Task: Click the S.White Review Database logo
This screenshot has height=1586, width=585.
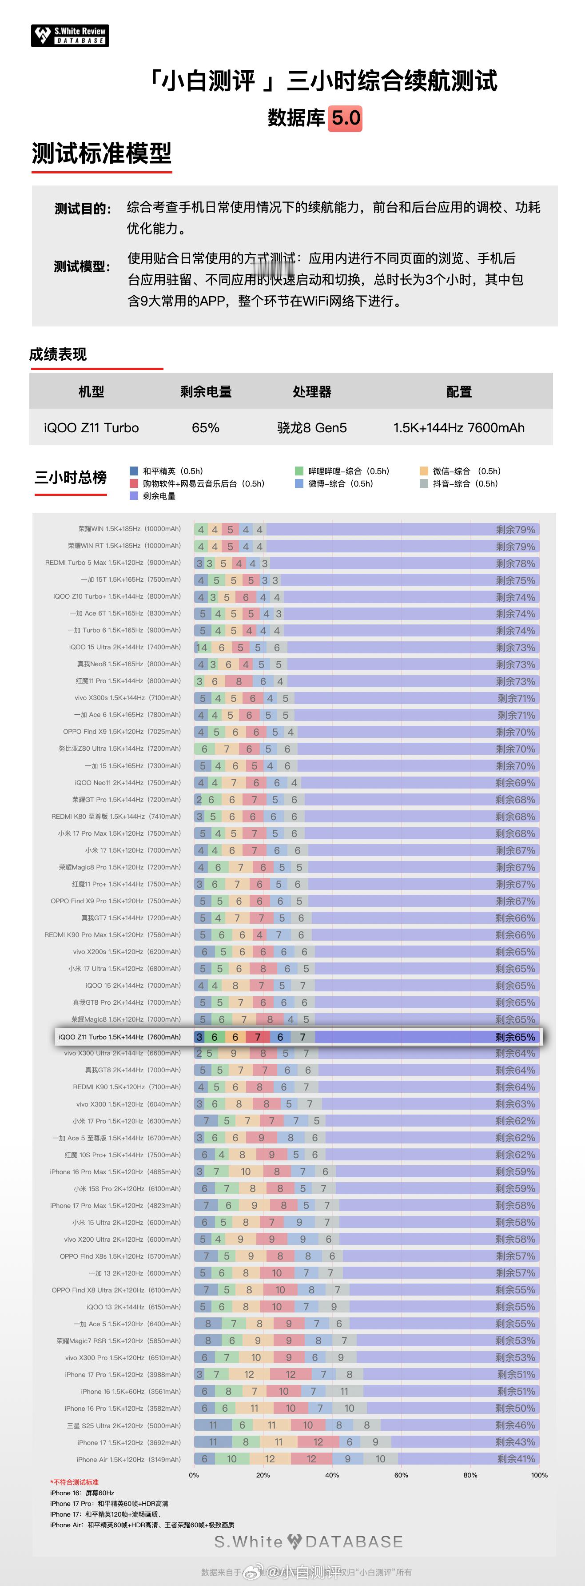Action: tap(70, 36)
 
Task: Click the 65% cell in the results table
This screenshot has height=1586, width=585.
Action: tap(206, 427)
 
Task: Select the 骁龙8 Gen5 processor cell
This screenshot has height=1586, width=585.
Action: tap(312, 427)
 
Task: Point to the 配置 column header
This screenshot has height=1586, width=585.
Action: tap(459, 391)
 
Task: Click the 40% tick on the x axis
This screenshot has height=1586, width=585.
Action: tap(332, 1474)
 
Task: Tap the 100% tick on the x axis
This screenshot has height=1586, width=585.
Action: tap(539, 1474)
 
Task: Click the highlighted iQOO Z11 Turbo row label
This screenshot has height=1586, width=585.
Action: tap(120, 1037)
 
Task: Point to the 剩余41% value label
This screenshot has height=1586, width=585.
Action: tap(516, 1458)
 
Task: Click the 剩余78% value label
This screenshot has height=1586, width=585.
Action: tap(516, 564)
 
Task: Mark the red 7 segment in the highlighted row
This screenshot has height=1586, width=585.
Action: tap(258, 1037)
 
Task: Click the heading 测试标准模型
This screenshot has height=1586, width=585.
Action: tap(102, 153)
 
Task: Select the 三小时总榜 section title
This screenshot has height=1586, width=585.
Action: tap(71, 477)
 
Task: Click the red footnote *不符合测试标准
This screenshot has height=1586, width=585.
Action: tap(75, 1482)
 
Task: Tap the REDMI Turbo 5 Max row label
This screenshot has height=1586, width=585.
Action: tap(113, 563)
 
